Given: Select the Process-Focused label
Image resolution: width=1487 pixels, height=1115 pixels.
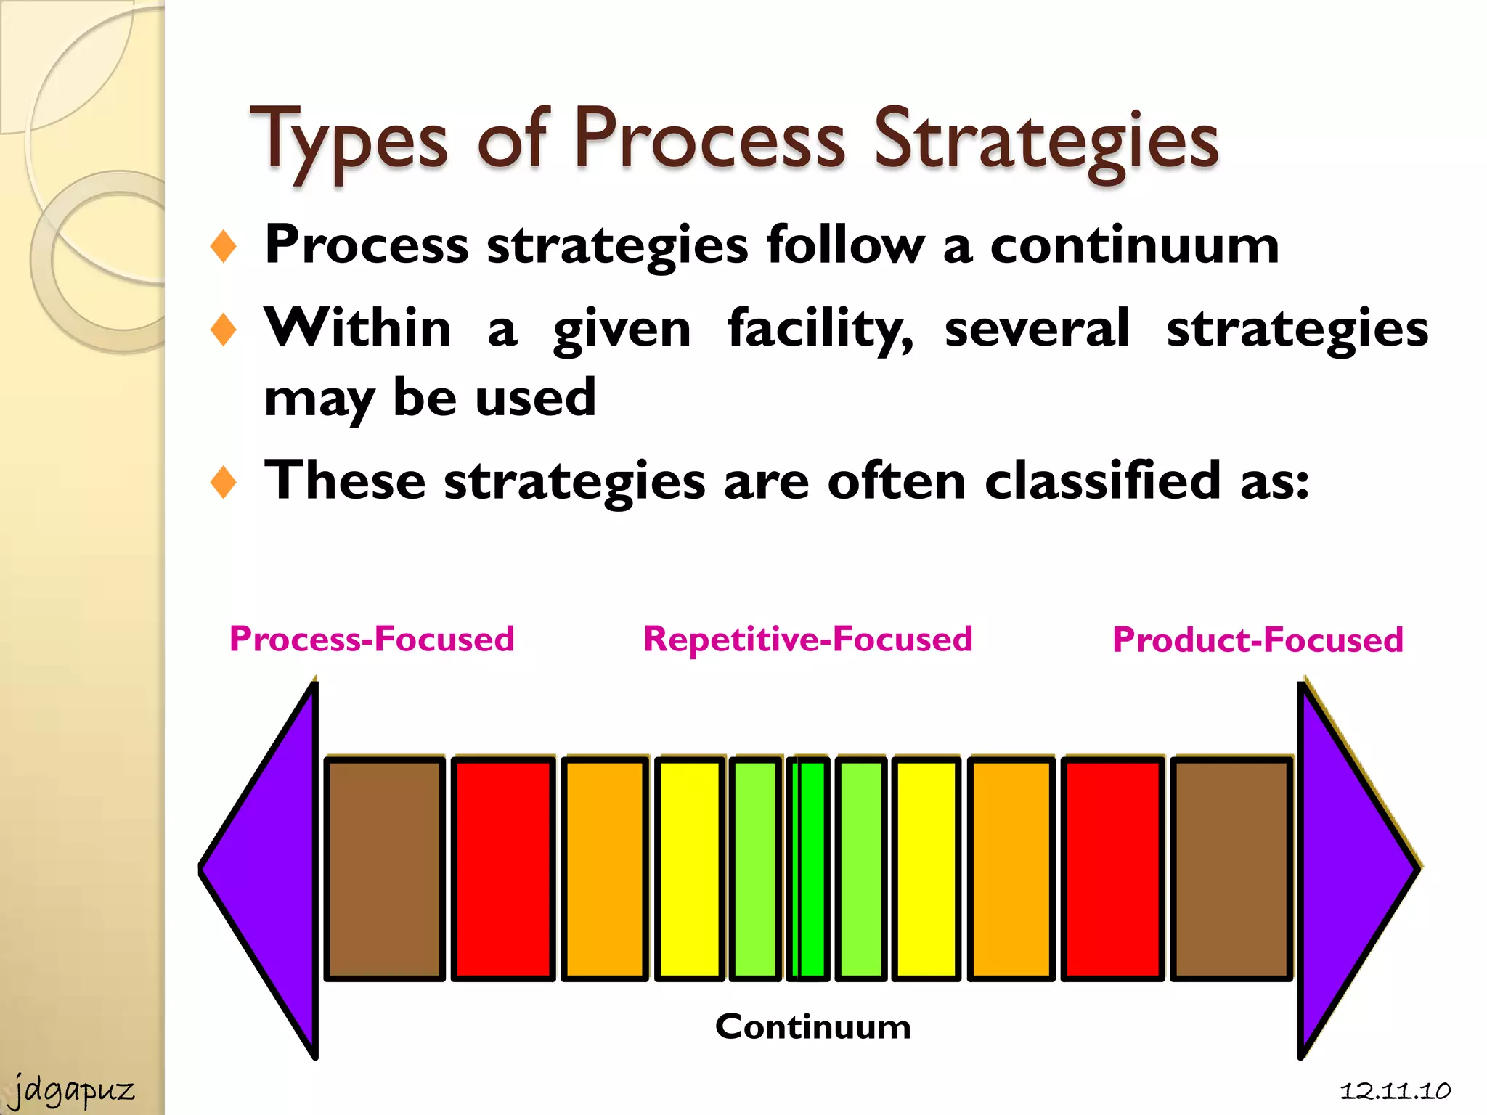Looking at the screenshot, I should coord(372,640).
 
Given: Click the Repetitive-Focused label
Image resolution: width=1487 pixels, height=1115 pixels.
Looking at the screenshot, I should coord(807,640).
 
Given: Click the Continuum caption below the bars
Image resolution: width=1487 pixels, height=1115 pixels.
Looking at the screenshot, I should coord(812,1026).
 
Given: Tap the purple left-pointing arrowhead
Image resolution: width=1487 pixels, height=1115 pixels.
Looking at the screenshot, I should coord(269,868).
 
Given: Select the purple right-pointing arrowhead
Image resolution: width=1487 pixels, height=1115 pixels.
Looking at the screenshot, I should coord(1350,868).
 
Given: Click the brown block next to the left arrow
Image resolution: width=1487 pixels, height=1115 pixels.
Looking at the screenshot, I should coord(384,868).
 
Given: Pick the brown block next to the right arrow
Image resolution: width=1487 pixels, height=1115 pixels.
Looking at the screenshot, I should coord(1231,868).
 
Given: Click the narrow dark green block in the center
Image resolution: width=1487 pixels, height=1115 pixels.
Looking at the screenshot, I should coord(810,868).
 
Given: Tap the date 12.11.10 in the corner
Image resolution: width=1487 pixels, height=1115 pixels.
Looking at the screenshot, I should coord(1395,1090).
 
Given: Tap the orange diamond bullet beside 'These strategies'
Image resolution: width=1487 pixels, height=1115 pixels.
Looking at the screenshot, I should coord(224,482).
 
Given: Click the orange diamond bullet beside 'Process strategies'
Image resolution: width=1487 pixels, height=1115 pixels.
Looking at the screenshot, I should coord(224,246).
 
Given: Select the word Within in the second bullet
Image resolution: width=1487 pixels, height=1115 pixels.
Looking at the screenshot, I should coord(357,328).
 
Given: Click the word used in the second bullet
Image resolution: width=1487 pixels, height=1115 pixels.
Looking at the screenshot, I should coord(535,398).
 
